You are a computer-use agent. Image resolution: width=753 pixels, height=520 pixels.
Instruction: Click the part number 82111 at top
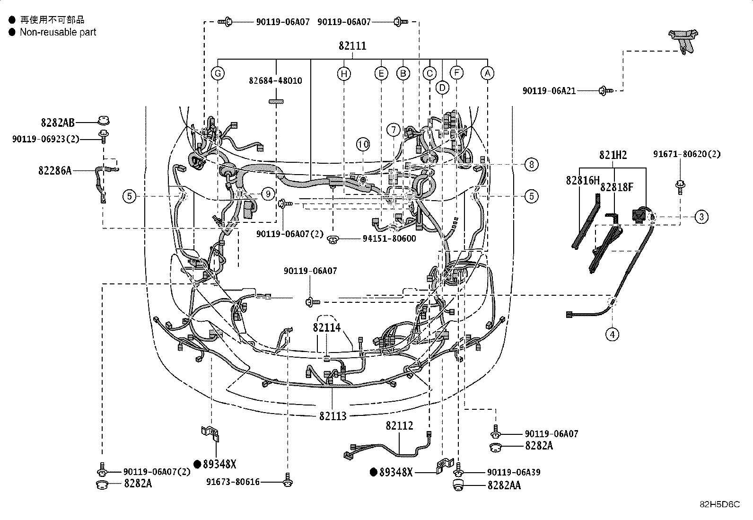coord(352,46)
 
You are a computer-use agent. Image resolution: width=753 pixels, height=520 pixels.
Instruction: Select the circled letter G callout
coord(218,73)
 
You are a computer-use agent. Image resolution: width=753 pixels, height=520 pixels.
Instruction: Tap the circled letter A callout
coord(487,73)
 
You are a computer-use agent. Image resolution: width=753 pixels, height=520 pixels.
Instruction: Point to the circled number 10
coord(363,144)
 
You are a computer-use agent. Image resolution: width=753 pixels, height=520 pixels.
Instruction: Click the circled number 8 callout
coord(531,165)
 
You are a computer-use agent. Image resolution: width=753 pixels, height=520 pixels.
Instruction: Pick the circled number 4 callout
coord(612,335)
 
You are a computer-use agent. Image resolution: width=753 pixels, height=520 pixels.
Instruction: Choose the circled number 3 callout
coord(701,217)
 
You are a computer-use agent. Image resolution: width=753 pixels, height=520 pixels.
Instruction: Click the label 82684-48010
coord(275,81)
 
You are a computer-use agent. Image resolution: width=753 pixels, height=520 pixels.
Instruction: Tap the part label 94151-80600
coord(389,238)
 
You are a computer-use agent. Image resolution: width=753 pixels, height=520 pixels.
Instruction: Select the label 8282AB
coord(58,123)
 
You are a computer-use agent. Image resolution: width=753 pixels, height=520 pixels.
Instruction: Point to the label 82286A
coord(55,170)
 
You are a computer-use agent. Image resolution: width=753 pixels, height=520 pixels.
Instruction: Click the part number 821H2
coord(613,155)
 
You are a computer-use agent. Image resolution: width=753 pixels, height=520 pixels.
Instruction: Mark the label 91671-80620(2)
coord(687,154)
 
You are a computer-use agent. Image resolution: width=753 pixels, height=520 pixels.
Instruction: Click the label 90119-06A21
coord(549,90)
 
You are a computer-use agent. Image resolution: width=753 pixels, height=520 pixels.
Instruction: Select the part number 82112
coord(399,425)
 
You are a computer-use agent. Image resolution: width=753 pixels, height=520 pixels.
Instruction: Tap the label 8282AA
coord(504,485)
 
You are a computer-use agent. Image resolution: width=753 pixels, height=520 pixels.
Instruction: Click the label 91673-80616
coord(233,482)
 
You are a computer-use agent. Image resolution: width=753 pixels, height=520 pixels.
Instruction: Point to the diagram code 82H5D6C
coord(719,504)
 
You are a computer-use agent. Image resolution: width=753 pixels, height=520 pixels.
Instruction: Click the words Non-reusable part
coord(58,32)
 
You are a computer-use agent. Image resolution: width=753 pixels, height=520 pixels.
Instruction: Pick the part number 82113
coord(333,416)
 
